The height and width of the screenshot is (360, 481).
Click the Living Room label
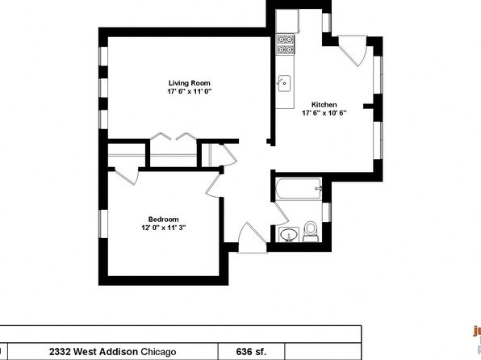pyautogui.click(x=190, y=83)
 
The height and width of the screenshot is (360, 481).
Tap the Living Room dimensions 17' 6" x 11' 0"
pyautogui.click(x=190, y=91)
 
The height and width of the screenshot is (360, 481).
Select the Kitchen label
pyautogui.click(x=324, y=105)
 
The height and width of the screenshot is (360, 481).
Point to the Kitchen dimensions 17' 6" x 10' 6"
pyautogui.click(x=324, y=113)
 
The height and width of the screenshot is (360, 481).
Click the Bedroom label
pyautogui.click(x=164, y=220)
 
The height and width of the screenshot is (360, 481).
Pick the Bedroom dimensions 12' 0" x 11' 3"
pyautogui.click(x=164, y=228)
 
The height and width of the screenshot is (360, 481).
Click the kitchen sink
pyautogui.click(x=284, y=83)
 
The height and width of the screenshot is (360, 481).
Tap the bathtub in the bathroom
pyautogui.click(x=299, y=189)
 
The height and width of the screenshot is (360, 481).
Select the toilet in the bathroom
pyautogui.click(x=311, y=232)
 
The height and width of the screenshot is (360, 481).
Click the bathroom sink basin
pyautogui.click(x=289, y=235)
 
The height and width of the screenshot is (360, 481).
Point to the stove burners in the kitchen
pyautogui.click(x=286, y=44)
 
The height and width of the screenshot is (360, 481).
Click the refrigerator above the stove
pyautogui.click(x=287, y=21)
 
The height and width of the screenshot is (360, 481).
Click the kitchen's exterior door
pyautogui.click(x=353, y=51)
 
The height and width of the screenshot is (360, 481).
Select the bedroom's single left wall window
pyautogui.click(x=103, y=224)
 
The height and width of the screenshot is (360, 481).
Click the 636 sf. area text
pyautogui.click(x=251, y=351)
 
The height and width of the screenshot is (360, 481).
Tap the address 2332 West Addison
pyautogui.click(x=94, y=351)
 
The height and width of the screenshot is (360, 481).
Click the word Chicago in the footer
pyautogui.click(x=158, y=352)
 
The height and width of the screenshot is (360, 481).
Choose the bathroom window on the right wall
pyautogui.click(x=326, y=212)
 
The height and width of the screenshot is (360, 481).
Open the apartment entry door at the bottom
pyautogui.click(x=252, y=238)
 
